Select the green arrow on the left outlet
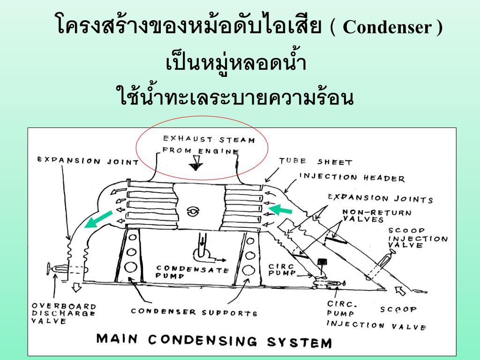(99, 219)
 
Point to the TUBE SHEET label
(315, 161)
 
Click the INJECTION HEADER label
(352, 177)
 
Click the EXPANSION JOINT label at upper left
(88, 161)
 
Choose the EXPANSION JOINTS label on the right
(380, 198)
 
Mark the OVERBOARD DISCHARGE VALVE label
(63, 313)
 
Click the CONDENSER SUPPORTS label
(194, 312)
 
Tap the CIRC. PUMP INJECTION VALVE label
(370, 314)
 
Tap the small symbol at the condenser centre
(192, 212)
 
